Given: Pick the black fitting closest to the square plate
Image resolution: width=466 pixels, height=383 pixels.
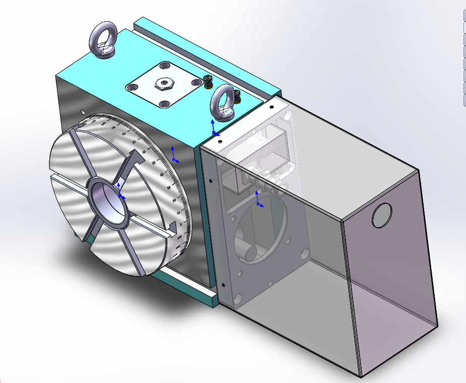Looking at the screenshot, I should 208,80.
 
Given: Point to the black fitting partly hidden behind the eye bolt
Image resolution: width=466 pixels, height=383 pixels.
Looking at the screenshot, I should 237,95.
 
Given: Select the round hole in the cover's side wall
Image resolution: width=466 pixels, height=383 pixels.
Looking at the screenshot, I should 381,215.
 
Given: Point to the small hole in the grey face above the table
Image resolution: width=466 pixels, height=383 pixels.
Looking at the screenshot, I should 82,112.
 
